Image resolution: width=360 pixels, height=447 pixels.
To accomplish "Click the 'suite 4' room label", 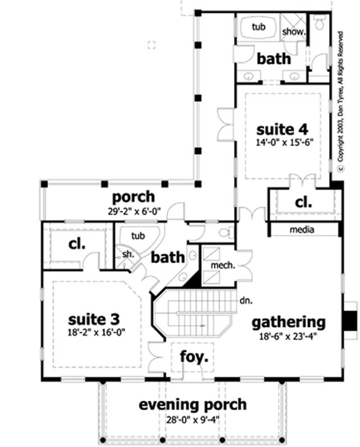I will click(282, 130).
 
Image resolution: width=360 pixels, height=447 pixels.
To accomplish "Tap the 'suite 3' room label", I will click(94, 319).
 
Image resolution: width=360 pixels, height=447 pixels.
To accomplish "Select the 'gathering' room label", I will click(288, 322).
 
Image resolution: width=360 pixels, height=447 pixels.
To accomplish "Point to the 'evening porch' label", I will click(192, 404).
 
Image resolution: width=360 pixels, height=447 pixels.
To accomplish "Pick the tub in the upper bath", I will click(258, 27).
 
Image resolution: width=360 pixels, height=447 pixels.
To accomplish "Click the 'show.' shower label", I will click(294, 32).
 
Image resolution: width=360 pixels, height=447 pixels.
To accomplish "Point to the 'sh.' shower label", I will click(128, 255).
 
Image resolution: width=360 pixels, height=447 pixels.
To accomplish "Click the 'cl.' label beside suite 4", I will click(303, 202).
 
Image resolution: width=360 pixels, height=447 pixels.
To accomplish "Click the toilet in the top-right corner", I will click(320, 22).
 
